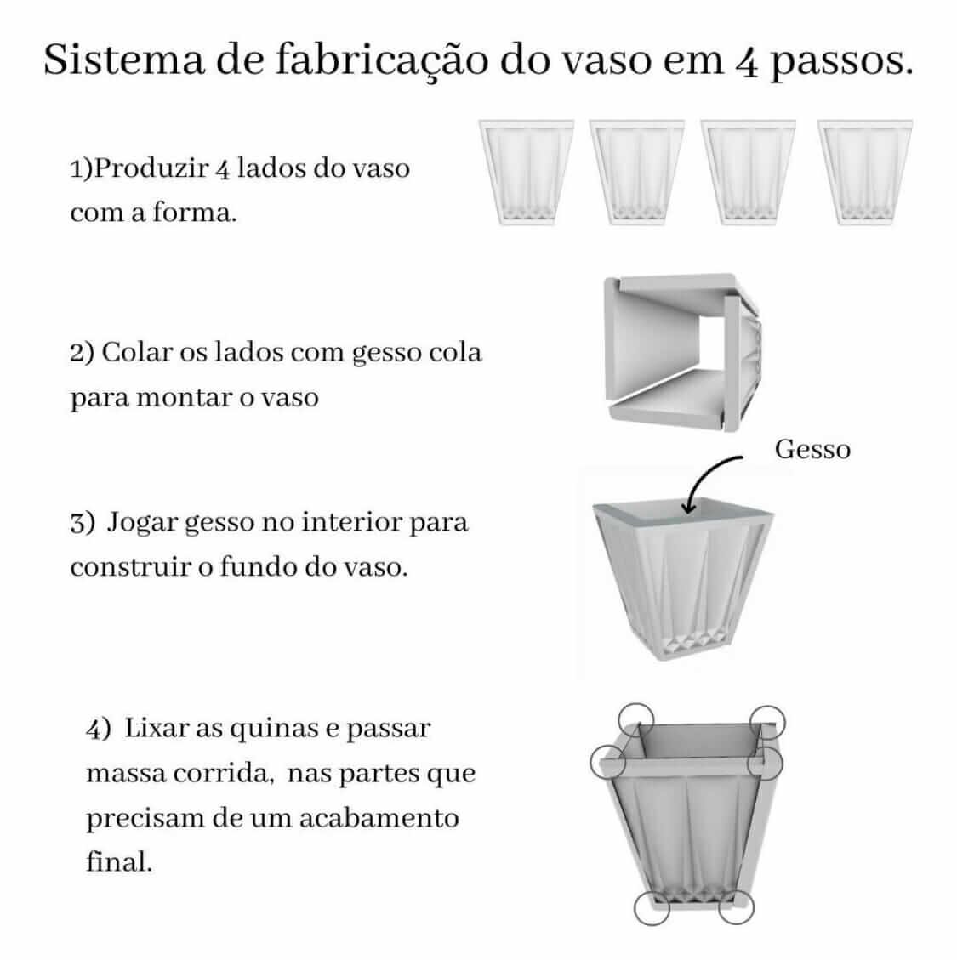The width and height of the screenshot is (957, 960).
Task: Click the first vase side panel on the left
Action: coord(527,173)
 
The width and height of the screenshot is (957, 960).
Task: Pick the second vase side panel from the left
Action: coord(636,173)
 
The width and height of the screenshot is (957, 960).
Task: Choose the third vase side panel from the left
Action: coord(748,173)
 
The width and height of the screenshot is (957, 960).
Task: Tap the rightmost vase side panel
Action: coord(864,173)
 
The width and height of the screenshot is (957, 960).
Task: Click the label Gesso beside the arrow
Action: coord(812,449)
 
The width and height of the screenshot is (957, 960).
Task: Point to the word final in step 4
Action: coord(119,861)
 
